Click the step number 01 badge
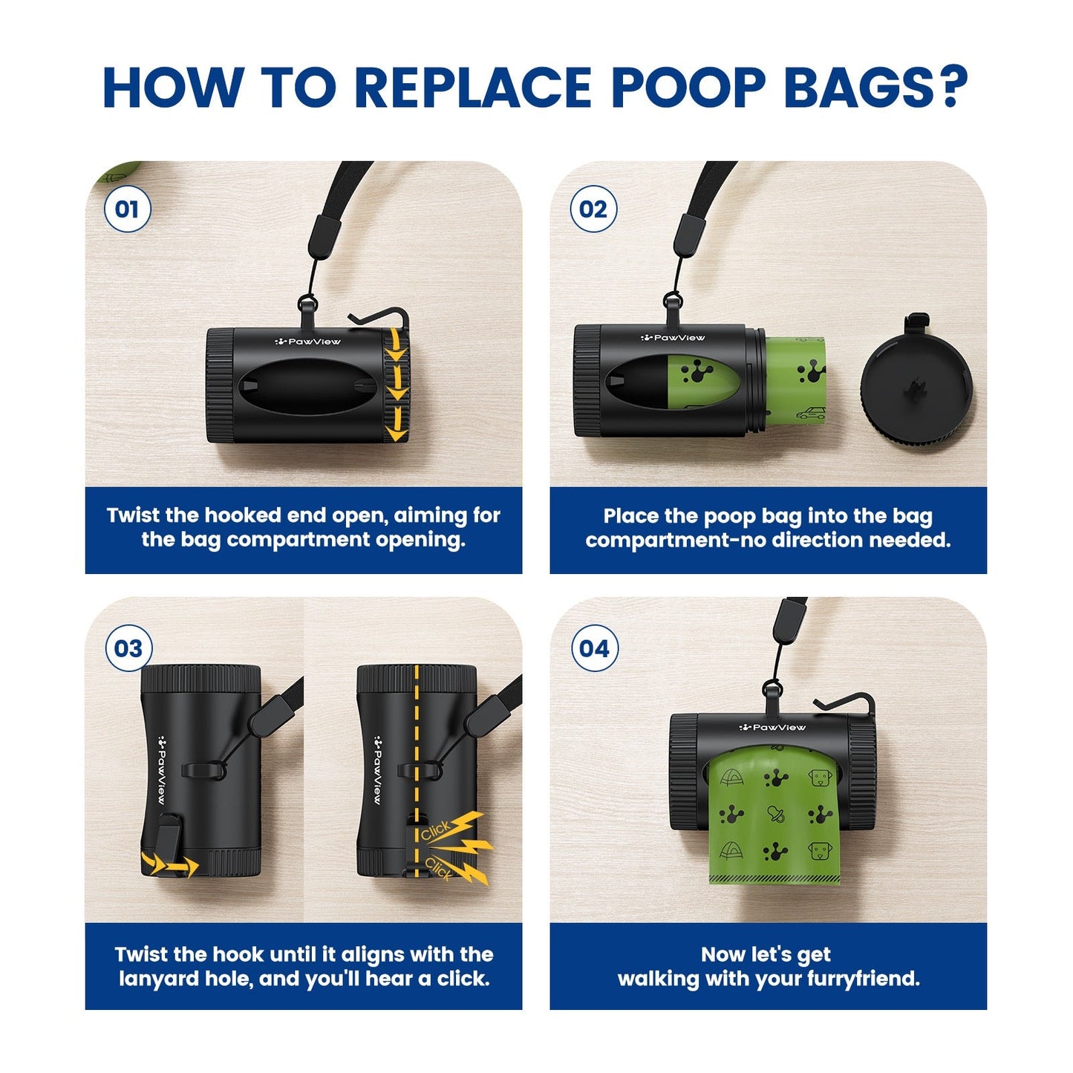click(x=127, y=209)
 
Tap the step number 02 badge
click(x=593, y=209)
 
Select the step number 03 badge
click(x=128, y=648)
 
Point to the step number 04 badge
click(x=594, y=648)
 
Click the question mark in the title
click(x=951, y=88)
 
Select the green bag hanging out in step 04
click(x=776, y=817)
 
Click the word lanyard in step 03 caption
click(x=158, y=979)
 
